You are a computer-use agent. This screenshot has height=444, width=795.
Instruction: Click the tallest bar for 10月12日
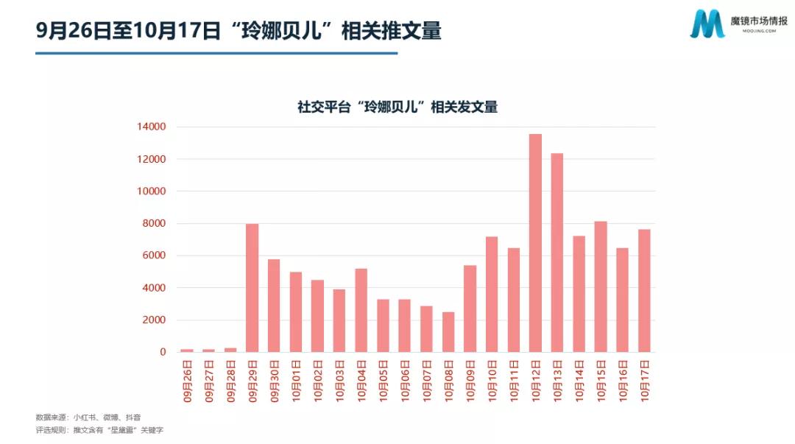(x=535, y=243)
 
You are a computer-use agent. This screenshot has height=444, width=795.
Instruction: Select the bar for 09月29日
(x=252, y=288)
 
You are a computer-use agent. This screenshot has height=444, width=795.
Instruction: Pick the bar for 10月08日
(x=448, y=332)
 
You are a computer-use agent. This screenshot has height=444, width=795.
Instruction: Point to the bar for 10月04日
(x=361, y=310)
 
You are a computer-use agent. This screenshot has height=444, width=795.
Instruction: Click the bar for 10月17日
(x=644, y=291)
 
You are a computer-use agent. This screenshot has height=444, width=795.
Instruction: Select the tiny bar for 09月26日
(x=187, y=350)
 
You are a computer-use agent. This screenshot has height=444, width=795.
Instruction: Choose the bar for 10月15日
(x=601, y=286)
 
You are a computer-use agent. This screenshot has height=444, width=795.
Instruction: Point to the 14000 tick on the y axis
(x=151, y=127)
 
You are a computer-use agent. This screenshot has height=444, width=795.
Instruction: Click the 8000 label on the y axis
(x=153, y=224)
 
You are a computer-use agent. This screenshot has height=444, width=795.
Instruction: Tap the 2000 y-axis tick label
(x=153, y=320)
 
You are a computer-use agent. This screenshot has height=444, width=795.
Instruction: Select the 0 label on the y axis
(x=162, y=352)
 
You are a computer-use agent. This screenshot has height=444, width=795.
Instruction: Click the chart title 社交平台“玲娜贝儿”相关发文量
(x=397, y=107)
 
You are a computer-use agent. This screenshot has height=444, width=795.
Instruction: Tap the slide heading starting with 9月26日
(x=239, y=31)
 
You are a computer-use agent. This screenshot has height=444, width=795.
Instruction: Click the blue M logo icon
(x=707, y=24)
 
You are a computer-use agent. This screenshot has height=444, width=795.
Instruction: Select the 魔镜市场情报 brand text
(x=758, y=20)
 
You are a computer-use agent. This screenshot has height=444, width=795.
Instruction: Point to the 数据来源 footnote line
(x=88, y=417)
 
